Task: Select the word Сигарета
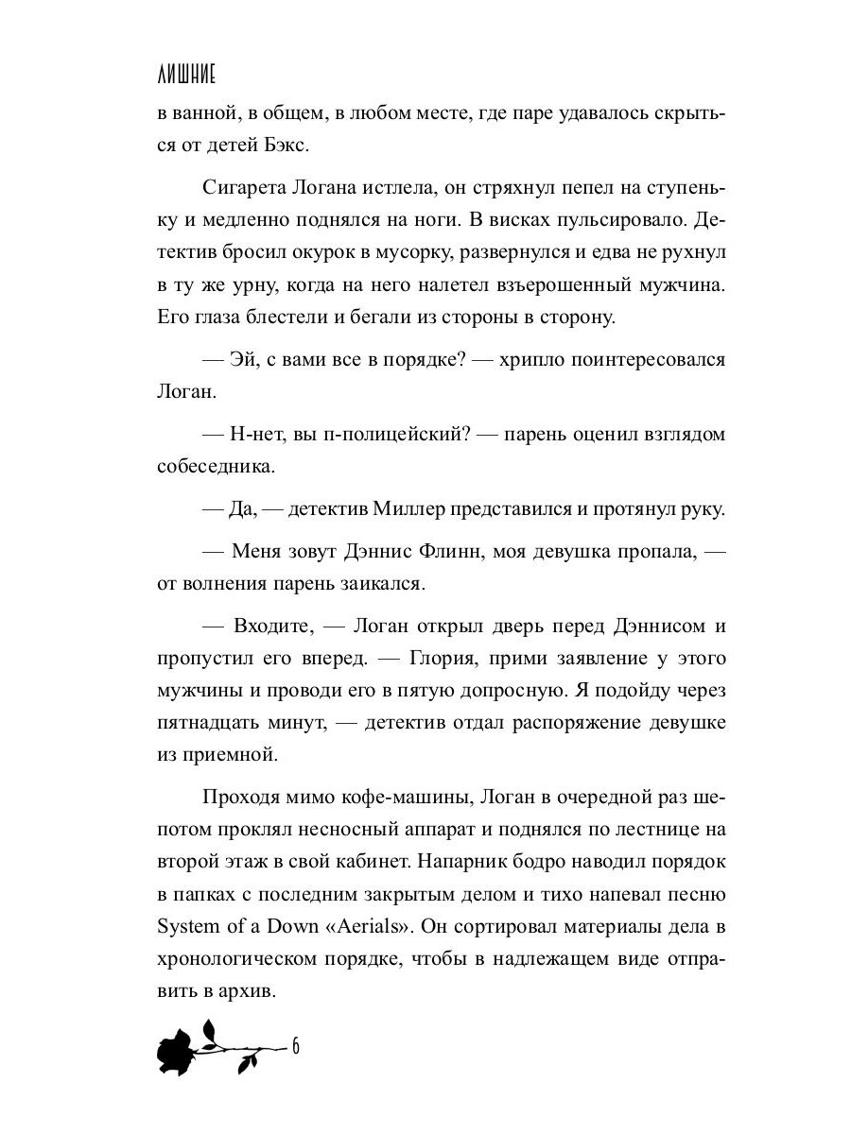click(248, 188)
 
